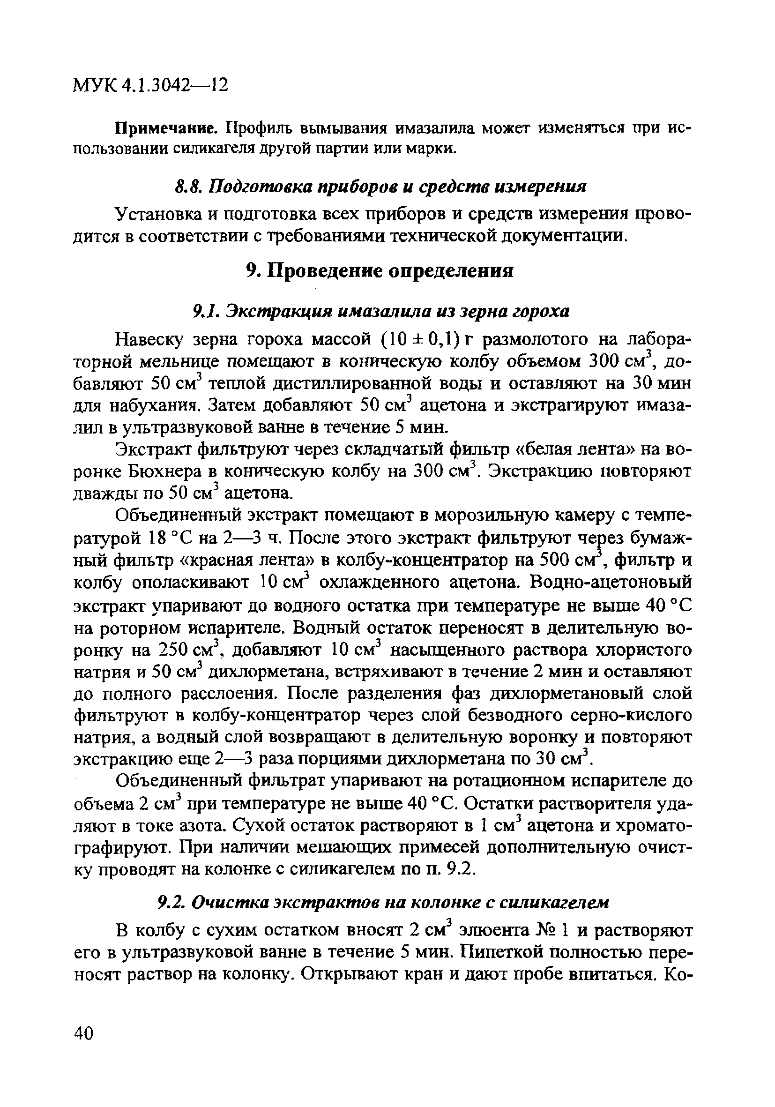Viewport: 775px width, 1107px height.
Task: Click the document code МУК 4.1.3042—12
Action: [x=150, y=85]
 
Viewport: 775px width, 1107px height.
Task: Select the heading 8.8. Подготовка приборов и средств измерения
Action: [x=380, y=186]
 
